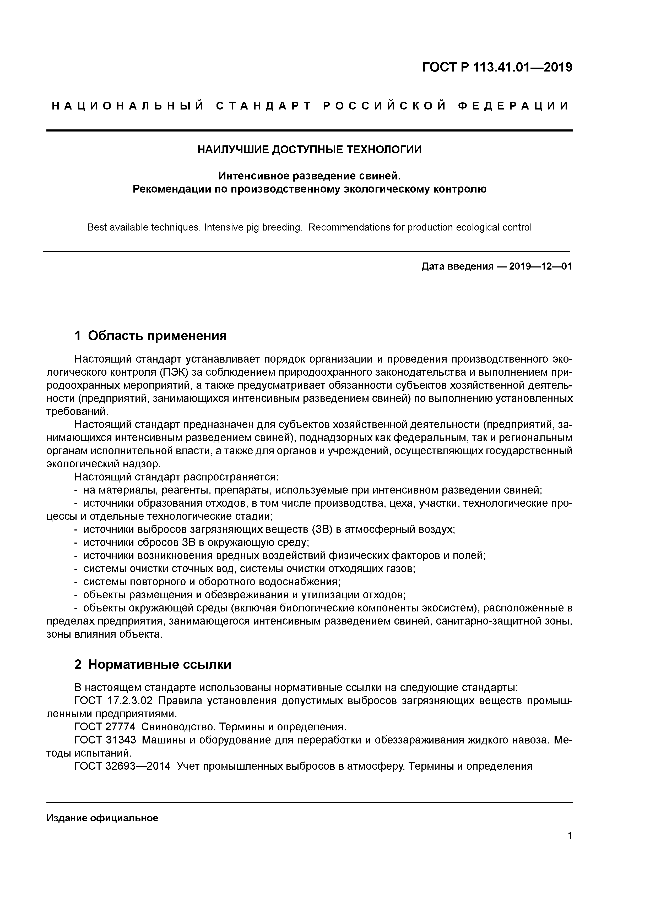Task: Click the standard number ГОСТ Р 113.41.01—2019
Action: point(497,67)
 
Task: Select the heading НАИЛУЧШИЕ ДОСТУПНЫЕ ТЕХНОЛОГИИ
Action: point(309,150)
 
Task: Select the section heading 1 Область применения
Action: point(151,335)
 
